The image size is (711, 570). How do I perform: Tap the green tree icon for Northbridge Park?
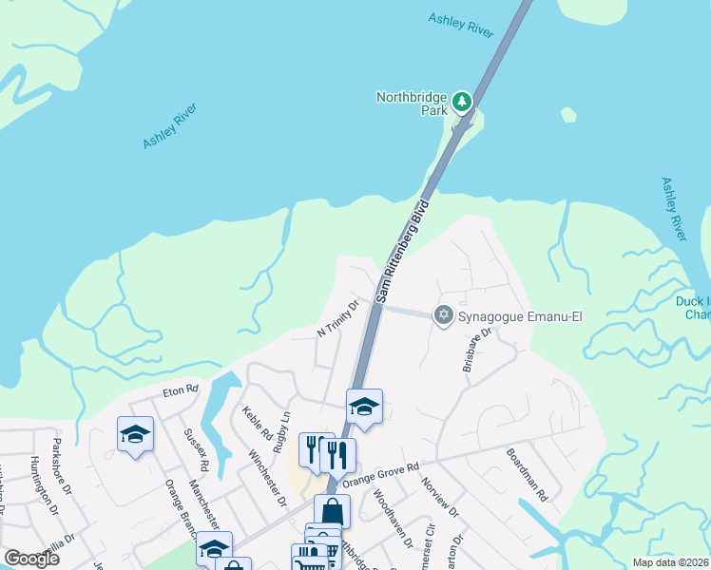tap(462, 100)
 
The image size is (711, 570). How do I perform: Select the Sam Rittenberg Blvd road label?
tap(403, 252)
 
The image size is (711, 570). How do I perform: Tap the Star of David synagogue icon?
tap(443, 315)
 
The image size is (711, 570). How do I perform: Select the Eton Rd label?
tap(179, 389)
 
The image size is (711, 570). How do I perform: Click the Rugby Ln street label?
tap(282, 429)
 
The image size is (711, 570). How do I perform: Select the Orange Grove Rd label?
tap(380, 474)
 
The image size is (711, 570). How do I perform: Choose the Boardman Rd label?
tap(527, 474)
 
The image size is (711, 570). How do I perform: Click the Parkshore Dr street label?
tap(63, 464)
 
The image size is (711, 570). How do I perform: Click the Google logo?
tap(31, 558)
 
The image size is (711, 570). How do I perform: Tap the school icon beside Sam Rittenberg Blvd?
tap(363, 407)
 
